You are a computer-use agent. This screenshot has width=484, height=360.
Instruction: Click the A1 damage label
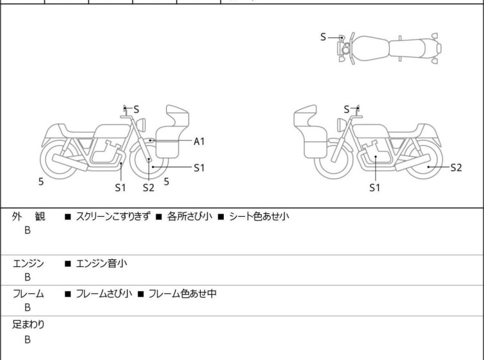point(199,141)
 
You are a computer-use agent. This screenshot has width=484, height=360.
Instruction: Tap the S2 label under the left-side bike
point(149,188)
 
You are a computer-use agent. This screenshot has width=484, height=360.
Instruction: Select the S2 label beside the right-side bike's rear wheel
point(456,167)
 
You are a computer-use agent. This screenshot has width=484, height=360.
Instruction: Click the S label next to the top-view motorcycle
point(324,37)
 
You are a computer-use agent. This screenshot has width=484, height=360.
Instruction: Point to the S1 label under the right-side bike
point(375,188)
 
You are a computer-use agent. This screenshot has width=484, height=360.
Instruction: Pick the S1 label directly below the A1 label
point(199,167)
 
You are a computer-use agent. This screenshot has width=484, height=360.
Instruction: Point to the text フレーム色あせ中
point(182,294)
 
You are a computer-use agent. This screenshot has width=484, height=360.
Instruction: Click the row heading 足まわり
point(29,325)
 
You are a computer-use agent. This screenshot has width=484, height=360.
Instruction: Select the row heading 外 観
point(29,216)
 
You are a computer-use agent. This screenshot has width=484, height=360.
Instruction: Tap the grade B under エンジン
point(28,277)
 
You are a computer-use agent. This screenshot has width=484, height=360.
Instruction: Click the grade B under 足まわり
point(28,339)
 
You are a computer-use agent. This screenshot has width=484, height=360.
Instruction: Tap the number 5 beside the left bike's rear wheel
point(41,182)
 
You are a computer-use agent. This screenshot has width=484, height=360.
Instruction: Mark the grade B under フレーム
point(28,307)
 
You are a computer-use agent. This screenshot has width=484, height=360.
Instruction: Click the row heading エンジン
point(29,263)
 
